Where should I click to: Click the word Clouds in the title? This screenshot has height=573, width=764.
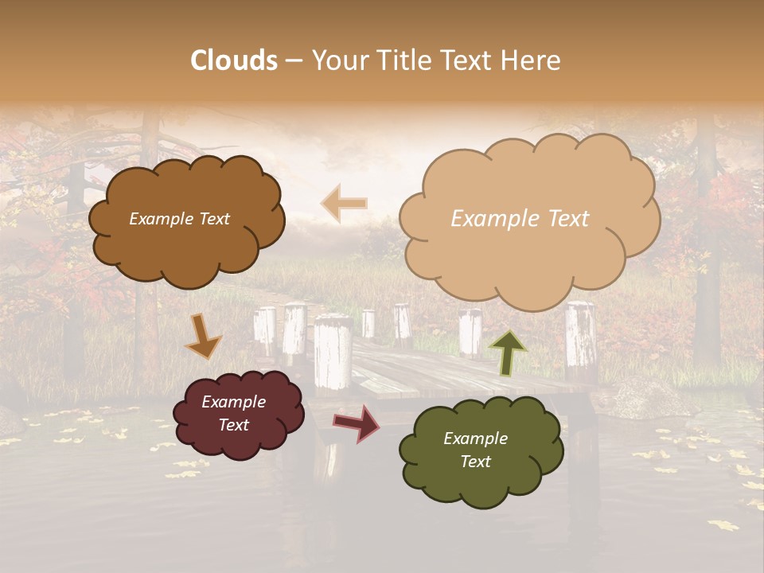pos(234,60)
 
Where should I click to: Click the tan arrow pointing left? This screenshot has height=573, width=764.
pos(344,204)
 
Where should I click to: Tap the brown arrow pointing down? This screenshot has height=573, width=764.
pos(203,336)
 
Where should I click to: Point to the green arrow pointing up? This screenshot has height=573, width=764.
pos(507,351)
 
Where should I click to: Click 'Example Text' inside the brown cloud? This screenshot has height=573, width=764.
pos(179,219)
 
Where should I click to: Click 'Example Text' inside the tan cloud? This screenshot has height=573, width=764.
pos(520,219)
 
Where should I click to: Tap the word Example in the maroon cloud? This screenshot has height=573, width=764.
pos(233,402)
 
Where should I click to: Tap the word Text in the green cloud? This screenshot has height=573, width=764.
pos(475,462)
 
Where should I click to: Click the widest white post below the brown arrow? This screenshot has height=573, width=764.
pos(333,353)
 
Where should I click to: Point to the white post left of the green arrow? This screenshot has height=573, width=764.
pos(470,331)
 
